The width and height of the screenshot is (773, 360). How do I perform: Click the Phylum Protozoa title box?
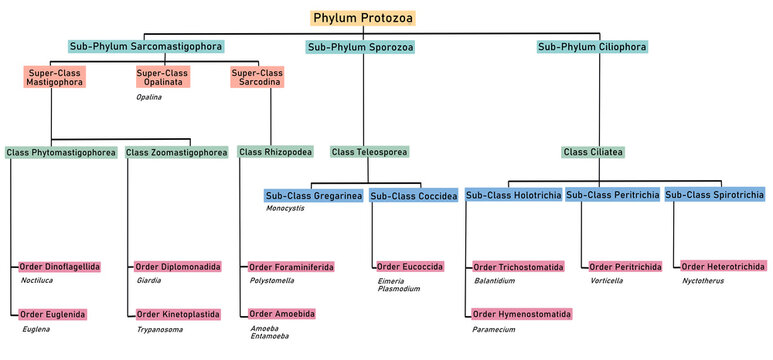pyautogui.click(x=362, y=18)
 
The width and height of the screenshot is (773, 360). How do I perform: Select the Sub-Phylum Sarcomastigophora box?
pyautogui.click(x=146, y=46)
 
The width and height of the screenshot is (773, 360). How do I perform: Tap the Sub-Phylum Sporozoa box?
pyautogui.click(x=360, y=46)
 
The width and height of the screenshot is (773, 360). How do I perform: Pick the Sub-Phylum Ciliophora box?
pyautogui.click(x=592, y=46)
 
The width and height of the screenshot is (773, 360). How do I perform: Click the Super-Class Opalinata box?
pyautogui.click(x=163, y=78)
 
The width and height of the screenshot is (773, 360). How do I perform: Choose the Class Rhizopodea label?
pyautogui.click(x=275, y=152)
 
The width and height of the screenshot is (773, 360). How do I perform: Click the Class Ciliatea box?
pyautogui.click(x=593, y=152)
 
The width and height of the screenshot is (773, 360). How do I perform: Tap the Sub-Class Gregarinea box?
pyautogui.click(x=314, y=195)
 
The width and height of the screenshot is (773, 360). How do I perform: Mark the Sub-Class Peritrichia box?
pyautogui.click(x=611, y=195)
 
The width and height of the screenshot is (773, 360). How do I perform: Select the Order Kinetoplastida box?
pyautogui.click(x=178, y=314)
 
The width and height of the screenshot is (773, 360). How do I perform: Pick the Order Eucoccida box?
pyautogui.click(x=410, y=268)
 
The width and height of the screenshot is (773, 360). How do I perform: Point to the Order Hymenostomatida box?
pyautogui.click(x=522, y=314)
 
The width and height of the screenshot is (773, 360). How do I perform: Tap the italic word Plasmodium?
pyautogui.click(x=399, y=289)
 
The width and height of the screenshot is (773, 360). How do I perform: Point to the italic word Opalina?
pyautogui.click(x=148, y=97)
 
